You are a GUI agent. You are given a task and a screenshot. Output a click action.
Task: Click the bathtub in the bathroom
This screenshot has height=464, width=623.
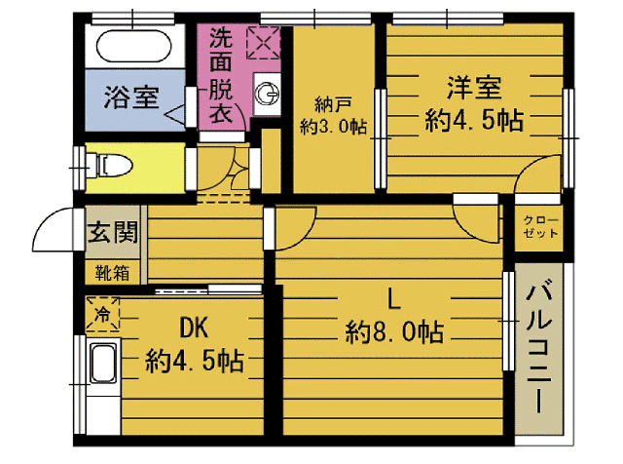[x=134, y=46]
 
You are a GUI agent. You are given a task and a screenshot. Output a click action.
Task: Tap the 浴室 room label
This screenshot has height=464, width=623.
[x=131, y=97]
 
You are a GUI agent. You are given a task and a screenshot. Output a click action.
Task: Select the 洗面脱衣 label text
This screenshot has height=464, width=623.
[x=221, y=75]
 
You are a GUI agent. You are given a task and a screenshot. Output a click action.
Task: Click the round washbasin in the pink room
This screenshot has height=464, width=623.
[x=267, y=95]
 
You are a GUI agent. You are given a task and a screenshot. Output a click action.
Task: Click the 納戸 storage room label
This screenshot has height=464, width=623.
[x=333, y=104]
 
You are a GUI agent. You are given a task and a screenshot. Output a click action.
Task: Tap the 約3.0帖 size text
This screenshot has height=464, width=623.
[x=333, y=127]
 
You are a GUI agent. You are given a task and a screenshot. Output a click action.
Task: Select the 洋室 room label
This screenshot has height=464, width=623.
[x=474, y=88]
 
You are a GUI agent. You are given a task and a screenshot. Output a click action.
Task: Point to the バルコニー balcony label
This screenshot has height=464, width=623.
[x=538, y=346]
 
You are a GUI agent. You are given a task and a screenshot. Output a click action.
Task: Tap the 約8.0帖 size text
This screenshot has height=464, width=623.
[x=394, y=331]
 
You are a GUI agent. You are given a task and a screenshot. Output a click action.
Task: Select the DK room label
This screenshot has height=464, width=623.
[x=194, y=328]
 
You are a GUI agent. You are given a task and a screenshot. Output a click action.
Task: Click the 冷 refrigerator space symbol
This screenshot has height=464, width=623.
[x=102, y=314]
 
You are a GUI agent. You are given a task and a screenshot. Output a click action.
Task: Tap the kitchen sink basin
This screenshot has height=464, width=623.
[x=103, y=363]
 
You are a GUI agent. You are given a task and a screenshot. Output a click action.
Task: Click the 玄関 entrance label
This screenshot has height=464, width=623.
[x=113, y=232]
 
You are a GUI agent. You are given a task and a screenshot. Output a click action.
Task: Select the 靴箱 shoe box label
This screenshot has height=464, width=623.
[x=113, y=273]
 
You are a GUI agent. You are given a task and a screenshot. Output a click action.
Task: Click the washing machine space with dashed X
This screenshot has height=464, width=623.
[x=263, y=43]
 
